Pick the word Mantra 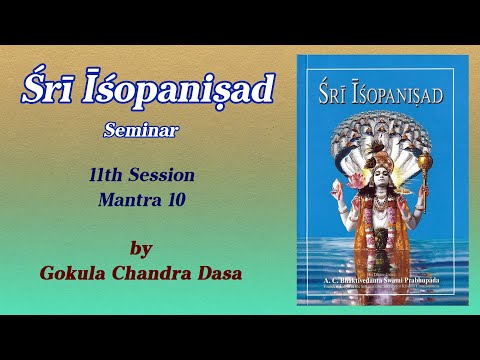(x=127, y=198)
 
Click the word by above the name (x=143, y=247)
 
